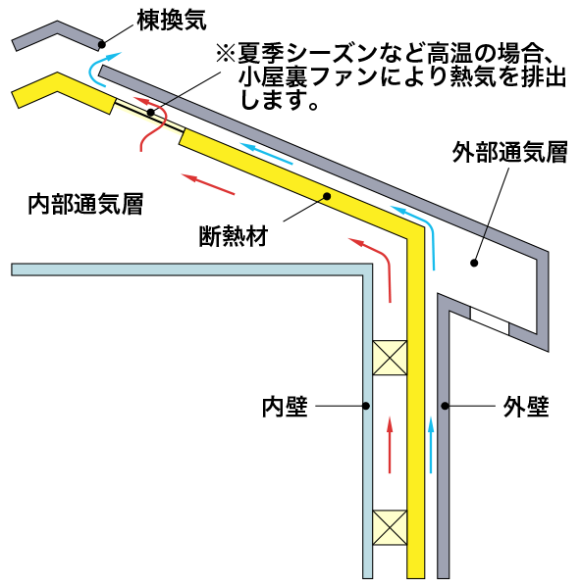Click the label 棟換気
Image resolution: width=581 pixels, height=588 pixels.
172,21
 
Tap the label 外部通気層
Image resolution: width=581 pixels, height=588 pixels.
509,152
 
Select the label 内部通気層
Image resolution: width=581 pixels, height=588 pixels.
85,204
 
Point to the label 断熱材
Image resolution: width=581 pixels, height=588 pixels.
234,236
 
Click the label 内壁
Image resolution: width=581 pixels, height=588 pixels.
285,406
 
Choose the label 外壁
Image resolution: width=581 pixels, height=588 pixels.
526,406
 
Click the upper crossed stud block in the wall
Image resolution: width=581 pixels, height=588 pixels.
390,358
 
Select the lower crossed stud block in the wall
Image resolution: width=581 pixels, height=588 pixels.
390,527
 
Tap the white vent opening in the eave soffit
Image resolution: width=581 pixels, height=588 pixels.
490,321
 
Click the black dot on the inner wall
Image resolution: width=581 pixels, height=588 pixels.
366,406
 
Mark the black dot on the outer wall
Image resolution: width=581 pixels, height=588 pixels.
445,406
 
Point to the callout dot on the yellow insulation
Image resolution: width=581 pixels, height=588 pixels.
327,196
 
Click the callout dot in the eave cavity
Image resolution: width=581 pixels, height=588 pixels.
474,263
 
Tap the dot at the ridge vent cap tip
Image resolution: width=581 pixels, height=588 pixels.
101,44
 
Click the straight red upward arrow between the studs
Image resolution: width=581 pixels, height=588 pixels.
390,445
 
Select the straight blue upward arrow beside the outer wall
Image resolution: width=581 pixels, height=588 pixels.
431,445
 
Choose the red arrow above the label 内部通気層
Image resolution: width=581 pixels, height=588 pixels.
208,184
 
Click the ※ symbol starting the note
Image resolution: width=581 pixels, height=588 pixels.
226,53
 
